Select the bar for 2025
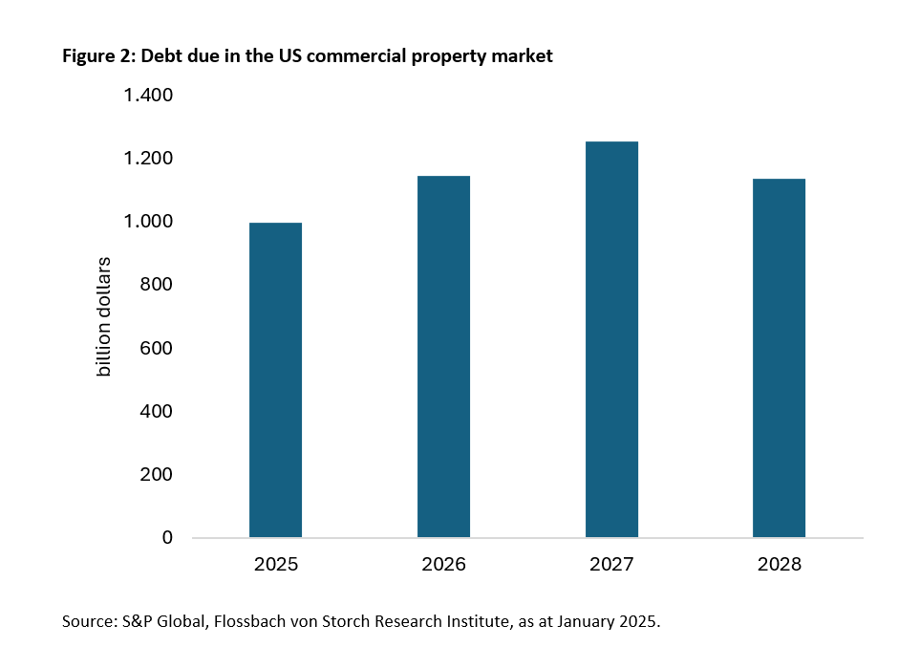coord(275,380)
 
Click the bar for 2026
coord(443,356)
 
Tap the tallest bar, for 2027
coord(611,339)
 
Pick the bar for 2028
coord(779,358)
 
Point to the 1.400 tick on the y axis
coord(146,96)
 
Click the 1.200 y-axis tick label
coord(146,159)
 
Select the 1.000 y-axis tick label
coord(146,222)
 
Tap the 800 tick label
coord(157,285)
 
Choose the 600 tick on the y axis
coord(157,348)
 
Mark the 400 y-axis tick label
coord(157,412)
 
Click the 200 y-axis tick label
coord(157,475)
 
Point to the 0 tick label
coord(168,538)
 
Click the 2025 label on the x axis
coord(275,564)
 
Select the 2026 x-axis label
coord(443,564)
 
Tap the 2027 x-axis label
coord(611,564)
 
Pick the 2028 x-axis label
coord(779,564)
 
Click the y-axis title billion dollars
coord(104,316)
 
